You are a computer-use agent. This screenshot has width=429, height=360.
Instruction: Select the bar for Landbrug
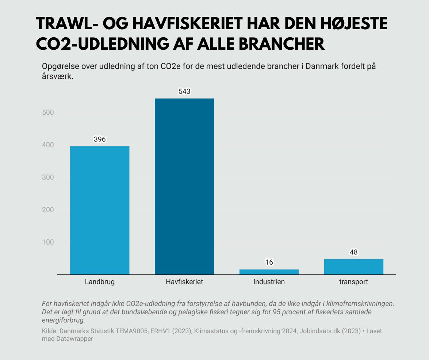point(100,210)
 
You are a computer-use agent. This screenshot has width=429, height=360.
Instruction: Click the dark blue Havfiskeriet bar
point(184,186)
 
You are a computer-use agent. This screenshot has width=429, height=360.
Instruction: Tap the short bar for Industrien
point(269,272)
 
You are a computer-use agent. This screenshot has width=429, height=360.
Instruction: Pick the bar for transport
point(353,266)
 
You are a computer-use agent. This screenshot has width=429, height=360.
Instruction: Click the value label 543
point(184,92)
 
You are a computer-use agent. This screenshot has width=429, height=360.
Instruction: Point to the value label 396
point(100,139)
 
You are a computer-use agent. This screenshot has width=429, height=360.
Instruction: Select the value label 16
point(269,262)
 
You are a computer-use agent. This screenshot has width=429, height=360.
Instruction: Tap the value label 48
point(353,252)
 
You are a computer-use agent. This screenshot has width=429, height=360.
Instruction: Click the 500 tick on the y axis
point(47,113)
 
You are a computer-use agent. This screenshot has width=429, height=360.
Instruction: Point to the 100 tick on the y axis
point(47,242)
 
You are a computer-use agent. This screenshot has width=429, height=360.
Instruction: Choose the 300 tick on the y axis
point(47,177)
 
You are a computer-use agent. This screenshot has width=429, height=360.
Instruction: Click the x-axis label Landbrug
point(100,282)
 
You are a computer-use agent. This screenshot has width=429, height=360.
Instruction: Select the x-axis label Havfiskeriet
point(184,282)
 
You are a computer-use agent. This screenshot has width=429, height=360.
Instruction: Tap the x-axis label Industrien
point(269,282)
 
